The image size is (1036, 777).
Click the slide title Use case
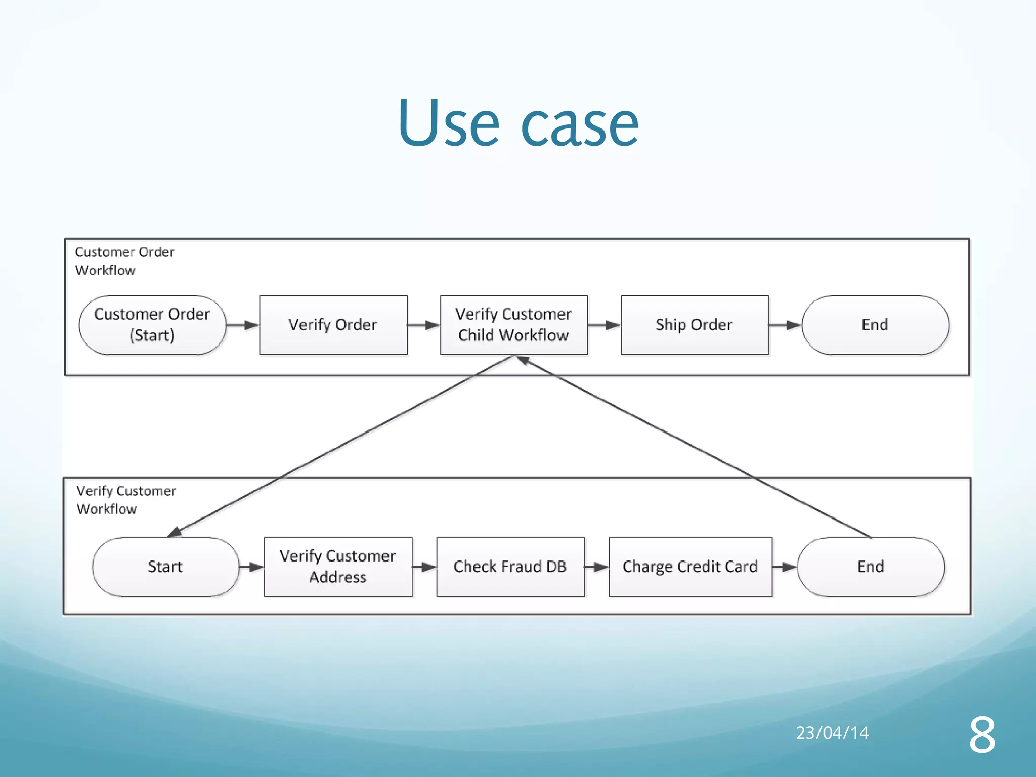[518, 123]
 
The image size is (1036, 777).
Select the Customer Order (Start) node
[152, 325]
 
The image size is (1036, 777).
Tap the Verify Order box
[333, 325]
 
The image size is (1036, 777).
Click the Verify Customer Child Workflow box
[513, 325]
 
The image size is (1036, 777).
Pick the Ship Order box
[694, 325]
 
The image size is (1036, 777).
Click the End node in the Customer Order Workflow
[875, 325]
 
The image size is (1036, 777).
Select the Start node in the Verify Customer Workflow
[165, 567]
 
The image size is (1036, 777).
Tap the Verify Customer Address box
[338, 567]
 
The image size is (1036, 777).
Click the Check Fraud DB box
[510, 567]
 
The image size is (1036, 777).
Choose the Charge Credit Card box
[690, 567]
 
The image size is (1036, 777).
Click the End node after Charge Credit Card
[871, 567]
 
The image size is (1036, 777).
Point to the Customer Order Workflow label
[124, 261]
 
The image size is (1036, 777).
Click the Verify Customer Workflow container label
[126, 500]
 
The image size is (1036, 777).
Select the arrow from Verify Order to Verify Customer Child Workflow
[424, 325]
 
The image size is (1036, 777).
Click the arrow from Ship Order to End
[785, 325]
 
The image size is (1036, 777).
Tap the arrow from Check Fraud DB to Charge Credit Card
[597, 567]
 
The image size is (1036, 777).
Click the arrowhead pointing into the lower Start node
[175, 532]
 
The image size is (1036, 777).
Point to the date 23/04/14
[832, 732]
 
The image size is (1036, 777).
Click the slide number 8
[982, 735]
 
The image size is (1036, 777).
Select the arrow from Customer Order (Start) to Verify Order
[243, 325]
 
